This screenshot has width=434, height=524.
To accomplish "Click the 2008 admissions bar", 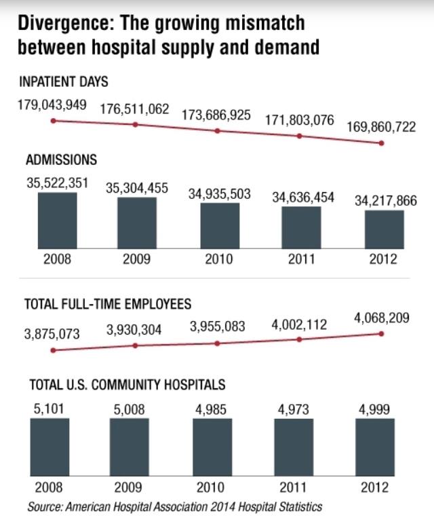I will (57, 221).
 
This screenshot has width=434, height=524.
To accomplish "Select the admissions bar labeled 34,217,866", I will (384, 229).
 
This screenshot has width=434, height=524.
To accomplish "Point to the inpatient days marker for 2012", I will (382, 143).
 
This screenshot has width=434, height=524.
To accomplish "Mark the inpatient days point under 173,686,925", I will (217, 130).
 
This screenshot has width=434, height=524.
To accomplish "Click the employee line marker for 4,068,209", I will (382, 333).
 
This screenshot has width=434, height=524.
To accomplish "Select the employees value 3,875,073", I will (53, 334).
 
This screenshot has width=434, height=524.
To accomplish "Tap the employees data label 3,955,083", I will (217, 326).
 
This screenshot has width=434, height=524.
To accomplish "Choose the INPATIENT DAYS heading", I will (64, 81).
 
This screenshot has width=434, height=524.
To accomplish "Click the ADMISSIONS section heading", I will (62, 160).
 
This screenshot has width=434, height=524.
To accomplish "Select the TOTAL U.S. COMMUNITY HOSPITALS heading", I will (127, 385).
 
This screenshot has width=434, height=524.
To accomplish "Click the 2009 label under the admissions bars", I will (137, 259).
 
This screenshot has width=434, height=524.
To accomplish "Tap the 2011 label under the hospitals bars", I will (301, 487).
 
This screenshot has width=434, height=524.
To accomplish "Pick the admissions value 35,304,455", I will (137, 188).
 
